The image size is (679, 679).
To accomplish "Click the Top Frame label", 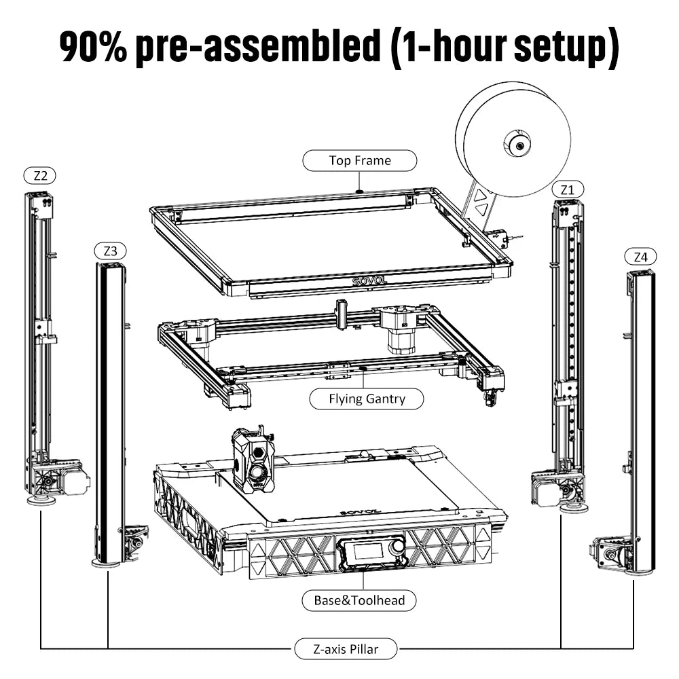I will point(359,161).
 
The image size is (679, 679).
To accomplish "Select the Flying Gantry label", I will point(366,399).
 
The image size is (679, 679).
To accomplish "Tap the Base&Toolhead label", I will point(359,600).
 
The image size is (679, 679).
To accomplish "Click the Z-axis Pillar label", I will point(346,648).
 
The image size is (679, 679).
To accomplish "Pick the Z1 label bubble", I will point(567,189).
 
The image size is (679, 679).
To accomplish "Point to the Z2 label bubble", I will point(40,176).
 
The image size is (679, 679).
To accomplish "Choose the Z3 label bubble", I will point(110,251).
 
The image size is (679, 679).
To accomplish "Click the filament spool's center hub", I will point(517,144).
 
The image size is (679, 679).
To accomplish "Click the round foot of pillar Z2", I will point(41,501).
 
